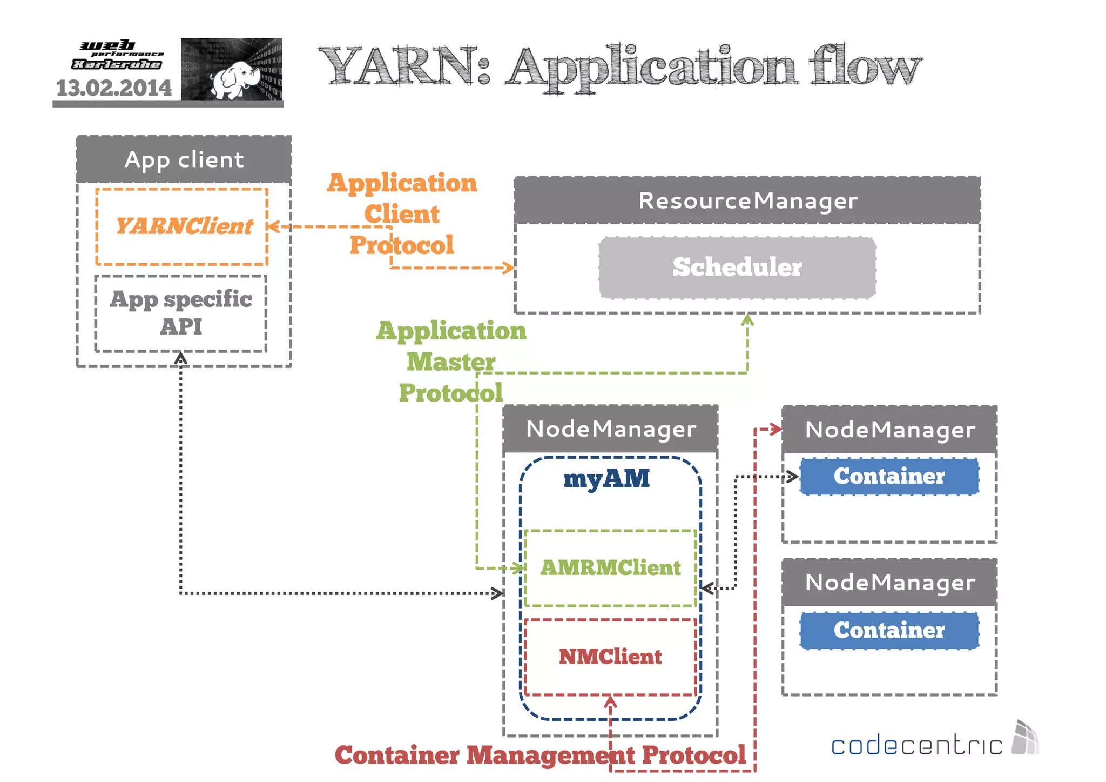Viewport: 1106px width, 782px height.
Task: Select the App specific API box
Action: [x=181, y=313]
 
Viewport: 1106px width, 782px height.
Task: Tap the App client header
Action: [x=184, y=159]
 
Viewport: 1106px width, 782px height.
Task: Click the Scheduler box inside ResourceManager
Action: [x=737, y=268]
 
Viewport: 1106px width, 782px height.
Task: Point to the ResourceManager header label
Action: [x=748, y=200]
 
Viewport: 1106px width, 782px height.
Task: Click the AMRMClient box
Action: [x=610, y=568]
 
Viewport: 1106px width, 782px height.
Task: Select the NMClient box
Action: [x=610, y=657]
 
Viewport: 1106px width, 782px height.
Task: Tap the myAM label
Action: [x=606, y=479]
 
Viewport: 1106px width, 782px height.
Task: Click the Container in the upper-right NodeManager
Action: [x=889, y=476]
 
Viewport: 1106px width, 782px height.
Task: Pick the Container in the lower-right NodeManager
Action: [x=889, y=630]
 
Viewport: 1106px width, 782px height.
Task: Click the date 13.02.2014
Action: [x=114, y=88]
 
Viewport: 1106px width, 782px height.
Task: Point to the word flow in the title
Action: [x=864, y=67]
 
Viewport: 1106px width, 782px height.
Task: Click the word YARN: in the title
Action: [x=405, y=67]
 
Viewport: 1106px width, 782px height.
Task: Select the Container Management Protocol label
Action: [x=540, y=755]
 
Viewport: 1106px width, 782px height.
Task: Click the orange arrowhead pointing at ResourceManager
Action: [x=509, y=268]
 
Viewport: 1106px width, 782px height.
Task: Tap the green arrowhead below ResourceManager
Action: [x=747, y=319]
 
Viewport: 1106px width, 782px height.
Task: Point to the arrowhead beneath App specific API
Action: [x=181, y=358]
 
